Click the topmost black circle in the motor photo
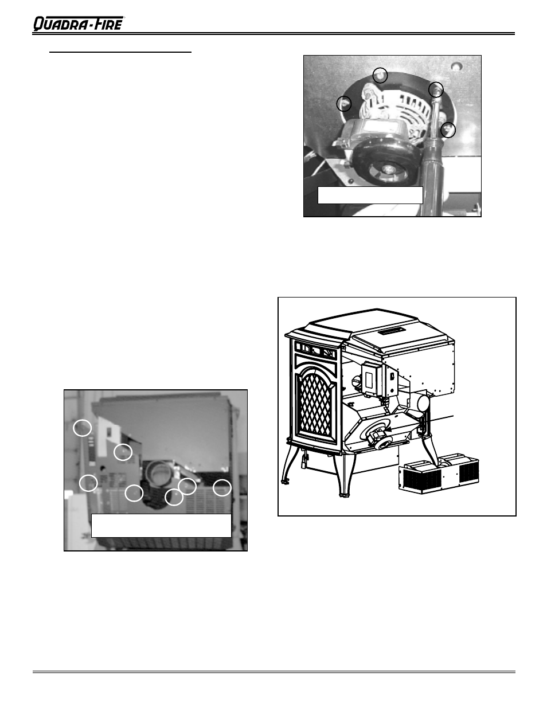coord(380,75)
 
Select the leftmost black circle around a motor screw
coord(343,104)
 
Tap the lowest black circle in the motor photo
coord(448,130)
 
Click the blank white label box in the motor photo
coord(370,195)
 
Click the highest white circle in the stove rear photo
coord(83,427)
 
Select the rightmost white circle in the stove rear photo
coord(222,488)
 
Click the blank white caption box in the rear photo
coord(161,525)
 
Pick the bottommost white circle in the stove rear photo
coord(174,497)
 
